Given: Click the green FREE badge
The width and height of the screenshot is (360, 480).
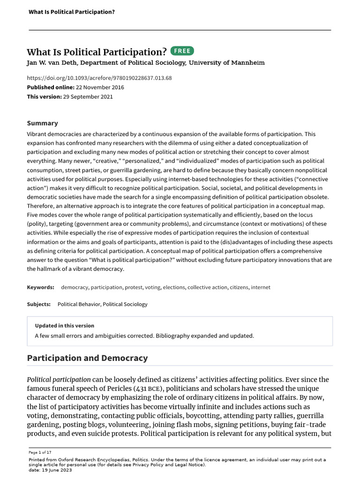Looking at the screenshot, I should tap(182, 51).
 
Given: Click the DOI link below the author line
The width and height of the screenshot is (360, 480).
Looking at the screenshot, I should tap(99, 78).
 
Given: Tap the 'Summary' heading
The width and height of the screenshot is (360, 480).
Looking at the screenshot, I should tap(42, 123).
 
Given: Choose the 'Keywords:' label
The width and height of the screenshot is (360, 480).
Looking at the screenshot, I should tap(40, 287).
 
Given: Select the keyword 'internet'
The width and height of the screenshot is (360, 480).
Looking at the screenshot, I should tap(261, 287).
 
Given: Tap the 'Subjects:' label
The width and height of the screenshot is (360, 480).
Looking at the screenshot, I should tap(39, 304).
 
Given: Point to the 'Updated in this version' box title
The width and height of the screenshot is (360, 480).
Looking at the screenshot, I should tap(65, 326).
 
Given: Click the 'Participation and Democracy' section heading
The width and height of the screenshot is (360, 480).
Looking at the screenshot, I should tap(87, 358).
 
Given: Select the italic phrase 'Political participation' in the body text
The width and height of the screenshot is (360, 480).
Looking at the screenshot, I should tap(59, 380).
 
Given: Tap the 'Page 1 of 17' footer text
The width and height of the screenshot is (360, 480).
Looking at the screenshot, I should tap(41, 452).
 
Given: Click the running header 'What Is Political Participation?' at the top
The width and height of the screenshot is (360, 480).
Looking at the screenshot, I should tap(72, 11).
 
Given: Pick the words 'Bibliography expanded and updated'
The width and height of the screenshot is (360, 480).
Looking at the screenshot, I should tap(199, 336).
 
